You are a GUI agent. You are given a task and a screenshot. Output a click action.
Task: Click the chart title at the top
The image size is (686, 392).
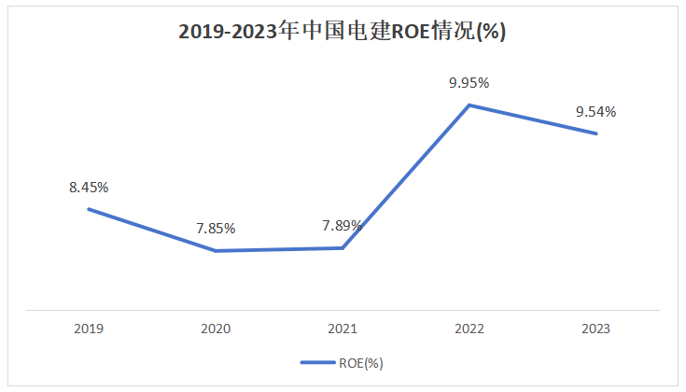click(x=343, y=32)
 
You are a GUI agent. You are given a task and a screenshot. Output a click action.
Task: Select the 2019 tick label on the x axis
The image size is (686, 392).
click(x=89, y=329)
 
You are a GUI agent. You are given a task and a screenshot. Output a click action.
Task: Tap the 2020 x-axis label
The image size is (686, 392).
click(x=216, y=329)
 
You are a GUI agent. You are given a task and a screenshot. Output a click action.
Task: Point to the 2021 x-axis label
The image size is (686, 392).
click(x=343, y=329)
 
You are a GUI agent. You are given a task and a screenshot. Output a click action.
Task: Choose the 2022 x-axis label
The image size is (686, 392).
click(x=469, y=329)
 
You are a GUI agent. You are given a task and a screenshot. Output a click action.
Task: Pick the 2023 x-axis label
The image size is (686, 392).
click(x=595, y=329)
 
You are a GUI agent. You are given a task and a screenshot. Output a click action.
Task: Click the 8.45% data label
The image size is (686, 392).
click(x=89, y=188)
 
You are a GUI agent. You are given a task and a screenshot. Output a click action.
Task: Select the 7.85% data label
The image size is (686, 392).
click(x=216, y=229)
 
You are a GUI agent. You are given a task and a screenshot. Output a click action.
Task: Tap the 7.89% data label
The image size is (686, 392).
click(x=343, y=226)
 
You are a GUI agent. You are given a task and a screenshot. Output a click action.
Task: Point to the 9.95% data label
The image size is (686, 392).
click(x=469, y=83)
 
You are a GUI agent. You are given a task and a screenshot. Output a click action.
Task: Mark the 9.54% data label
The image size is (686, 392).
click(x=595, y=112)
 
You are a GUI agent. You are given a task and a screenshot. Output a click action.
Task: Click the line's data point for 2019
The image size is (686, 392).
click(x=89, y=209)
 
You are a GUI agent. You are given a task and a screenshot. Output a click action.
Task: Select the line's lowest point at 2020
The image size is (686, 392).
click(x=216, y=251)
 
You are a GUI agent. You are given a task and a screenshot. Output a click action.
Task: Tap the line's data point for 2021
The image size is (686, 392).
click(x=343, y=248)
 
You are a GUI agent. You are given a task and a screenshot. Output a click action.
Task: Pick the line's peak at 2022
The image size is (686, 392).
click(x=469, y=105)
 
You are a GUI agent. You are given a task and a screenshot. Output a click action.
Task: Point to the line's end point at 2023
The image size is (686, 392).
click(x=595, y=133)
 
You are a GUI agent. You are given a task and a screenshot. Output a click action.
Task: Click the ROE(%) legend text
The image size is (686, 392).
click(x=361, y=363)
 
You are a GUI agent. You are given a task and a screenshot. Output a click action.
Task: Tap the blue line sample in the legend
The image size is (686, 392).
click(x=318, y=362)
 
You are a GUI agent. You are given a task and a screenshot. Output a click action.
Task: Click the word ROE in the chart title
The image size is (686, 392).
click(x=411, y=32)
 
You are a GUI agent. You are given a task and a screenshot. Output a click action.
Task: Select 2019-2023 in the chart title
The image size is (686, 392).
click(x=228, y=32)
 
